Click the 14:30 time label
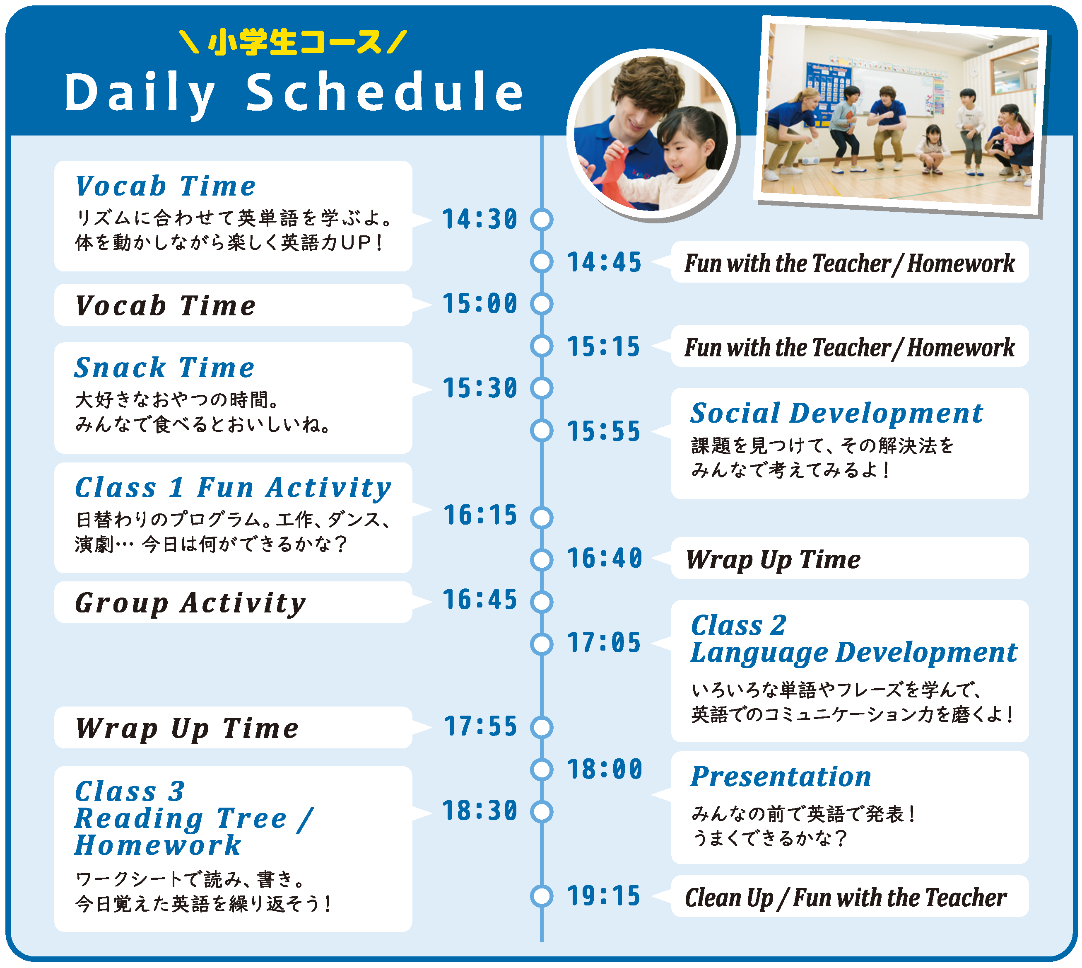[x=480, y=219]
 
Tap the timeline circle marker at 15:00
[x=542, y=304]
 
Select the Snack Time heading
[x=165, y=368]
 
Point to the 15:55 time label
[x=604, y=431]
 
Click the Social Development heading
[x=836, y=413]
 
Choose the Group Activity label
[x=190, y=603]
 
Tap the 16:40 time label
[x=604, y=559]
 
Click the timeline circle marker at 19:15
[x=542, y=896]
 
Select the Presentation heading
[x=781, y=777]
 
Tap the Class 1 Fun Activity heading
[x=233, y=488]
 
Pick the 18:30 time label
[x=480, y=811]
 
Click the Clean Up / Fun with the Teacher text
[x=846, y=898]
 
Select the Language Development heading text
[x=853, y=653]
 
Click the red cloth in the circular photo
[x=617, y=176]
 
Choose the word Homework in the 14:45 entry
[x=961, y=263]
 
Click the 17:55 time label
[x=480, y=726]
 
